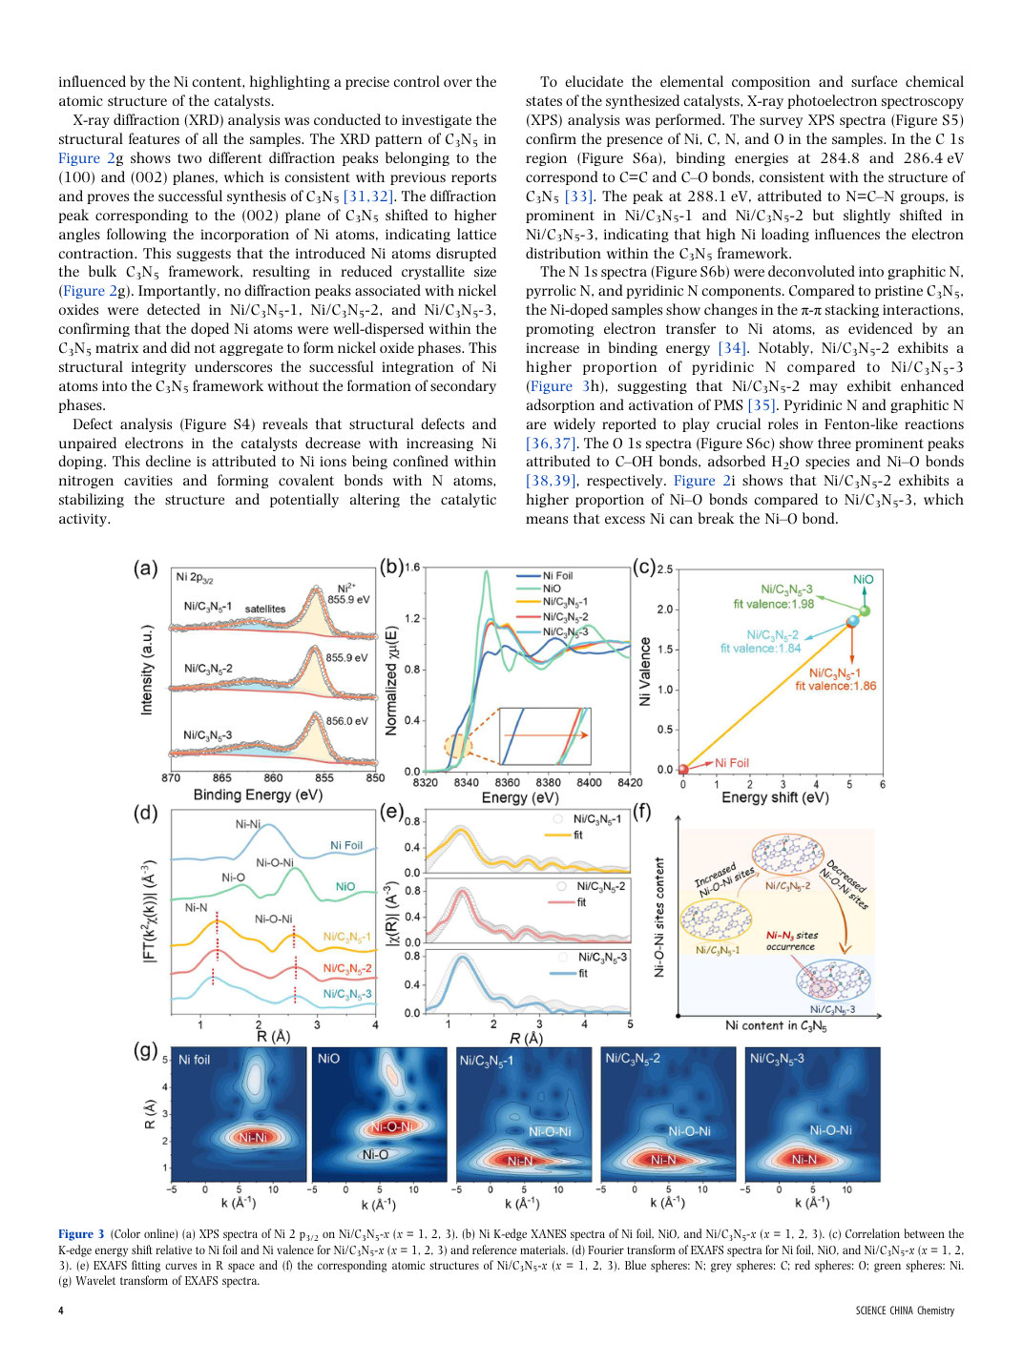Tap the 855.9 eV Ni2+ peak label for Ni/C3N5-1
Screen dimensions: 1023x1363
coord(349,600)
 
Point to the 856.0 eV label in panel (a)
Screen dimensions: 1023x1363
coord(346,721)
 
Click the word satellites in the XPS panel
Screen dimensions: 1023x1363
coord(265,609)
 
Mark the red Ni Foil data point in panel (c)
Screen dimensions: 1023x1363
coord(683,770)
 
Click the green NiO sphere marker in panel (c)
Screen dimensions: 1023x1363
coord(865,611)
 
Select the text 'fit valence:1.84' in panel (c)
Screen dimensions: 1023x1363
coord(761,649)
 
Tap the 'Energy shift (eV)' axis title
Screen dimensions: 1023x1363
coord(775,797)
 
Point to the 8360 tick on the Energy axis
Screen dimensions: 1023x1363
coord(507,782)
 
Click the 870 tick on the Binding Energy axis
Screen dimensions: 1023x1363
coord(171,778)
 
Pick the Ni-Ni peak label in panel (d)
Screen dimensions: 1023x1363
coord(247,824)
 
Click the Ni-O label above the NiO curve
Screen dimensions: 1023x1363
coord(233,878)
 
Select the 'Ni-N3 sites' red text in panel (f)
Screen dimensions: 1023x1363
coord(792,935)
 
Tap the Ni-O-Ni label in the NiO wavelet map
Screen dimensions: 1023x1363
coord(391,1126)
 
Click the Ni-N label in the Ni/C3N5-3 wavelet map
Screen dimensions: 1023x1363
coord(804,1159)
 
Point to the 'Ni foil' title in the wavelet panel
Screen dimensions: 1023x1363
coord(195,1060)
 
